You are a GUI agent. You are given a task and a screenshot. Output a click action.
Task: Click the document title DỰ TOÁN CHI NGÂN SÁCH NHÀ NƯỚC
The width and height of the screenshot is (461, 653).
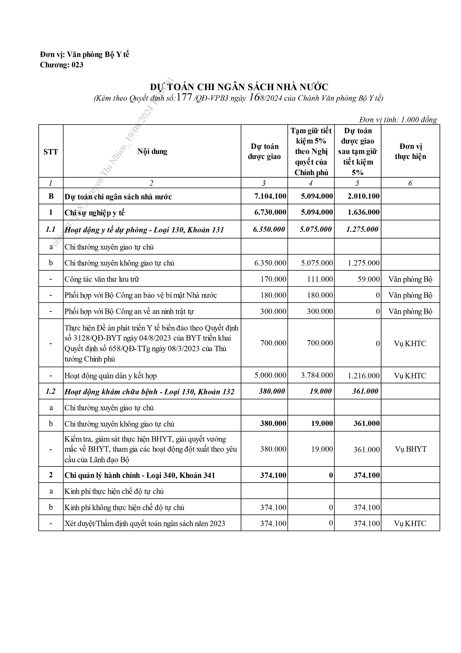coord(239,87)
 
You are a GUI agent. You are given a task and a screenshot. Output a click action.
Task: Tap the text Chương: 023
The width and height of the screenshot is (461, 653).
coord(62,65)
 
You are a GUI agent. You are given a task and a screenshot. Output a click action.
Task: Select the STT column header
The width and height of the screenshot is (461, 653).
coord(51,152)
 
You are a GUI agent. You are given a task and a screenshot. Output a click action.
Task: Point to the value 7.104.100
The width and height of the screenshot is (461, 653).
coord(270,196)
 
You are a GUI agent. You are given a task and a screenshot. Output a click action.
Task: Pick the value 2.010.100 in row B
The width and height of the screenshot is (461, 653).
coord(364,196)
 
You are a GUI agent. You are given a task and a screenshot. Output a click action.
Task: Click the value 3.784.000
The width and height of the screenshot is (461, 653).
coord(317,375)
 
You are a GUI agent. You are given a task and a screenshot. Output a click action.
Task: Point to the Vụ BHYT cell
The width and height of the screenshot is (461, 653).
coord(410,449)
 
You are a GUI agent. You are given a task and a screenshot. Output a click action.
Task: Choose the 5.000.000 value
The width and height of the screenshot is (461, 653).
coord(270,375)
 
